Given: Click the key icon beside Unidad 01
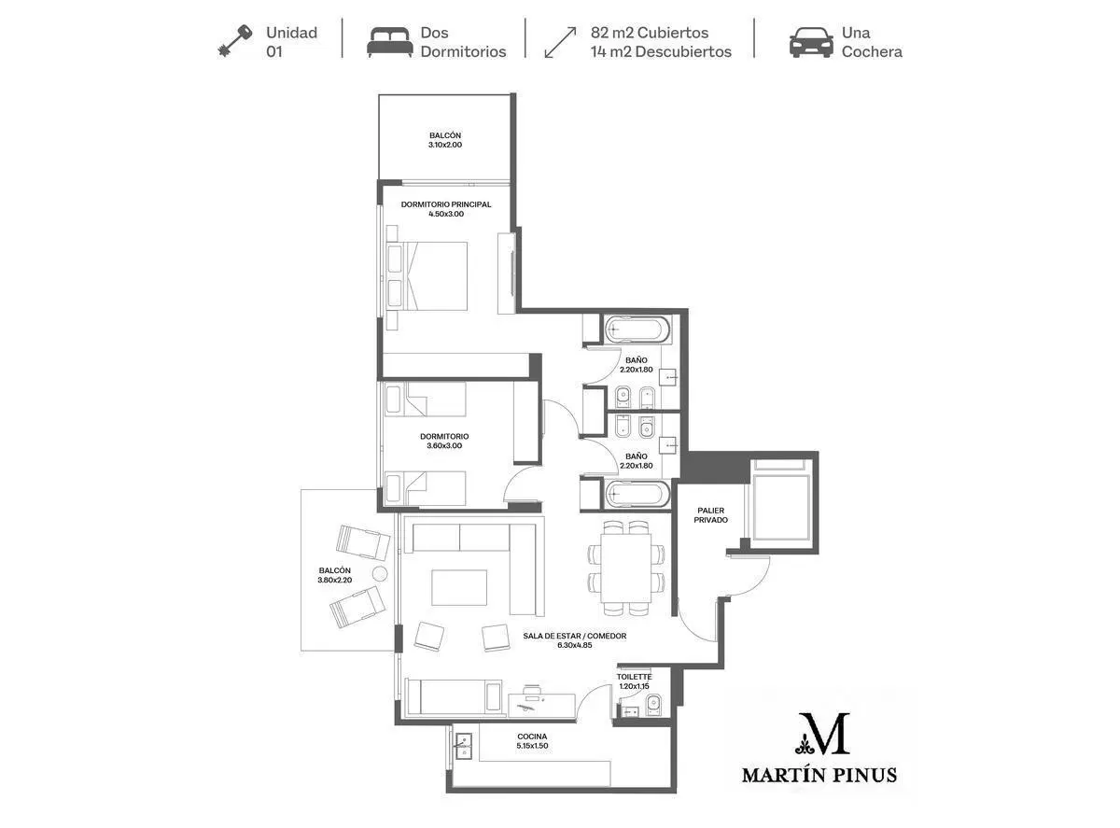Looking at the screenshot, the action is (x=235, y=40).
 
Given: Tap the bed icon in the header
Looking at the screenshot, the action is (x=389, y=42).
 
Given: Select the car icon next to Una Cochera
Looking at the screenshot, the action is (x=811, y=42).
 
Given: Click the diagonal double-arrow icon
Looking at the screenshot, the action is (x=560, y=42).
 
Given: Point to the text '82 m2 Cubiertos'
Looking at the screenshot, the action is (x=650, y=33).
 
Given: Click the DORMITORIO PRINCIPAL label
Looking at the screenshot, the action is (x=446, y=204).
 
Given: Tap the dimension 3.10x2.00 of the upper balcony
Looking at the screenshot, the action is (x=445, y=145).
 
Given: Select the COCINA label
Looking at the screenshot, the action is (x=532, y=737).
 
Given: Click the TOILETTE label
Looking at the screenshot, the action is (x=635, y=677).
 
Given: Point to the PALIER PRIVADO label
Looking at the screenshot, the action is (x=710, y=515).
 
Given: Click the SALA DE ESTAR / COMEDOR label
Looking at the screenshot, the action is (x=575, y=636).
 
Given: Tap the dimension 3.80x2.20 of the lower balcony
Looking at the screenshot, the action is (x=335, y=580).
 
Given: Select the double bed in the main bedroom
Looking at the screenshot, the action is (x=427, y=275).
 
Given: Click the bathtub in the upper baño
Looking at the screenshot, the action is (x=637, y=330).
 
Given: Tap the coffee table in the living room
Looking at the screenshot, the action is (x=459, y=587).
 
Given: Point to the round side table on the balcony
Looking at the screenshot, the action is (x=380, y=573).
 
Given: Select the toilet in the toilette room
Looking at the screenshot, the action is (x=653, y=703).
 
